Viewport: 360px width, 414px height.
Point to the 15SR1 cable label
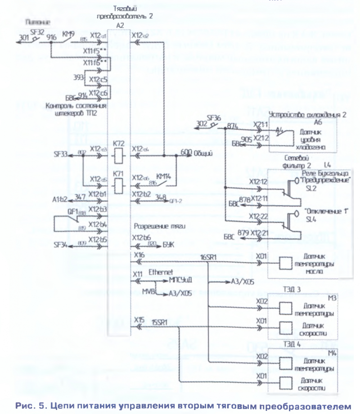160,322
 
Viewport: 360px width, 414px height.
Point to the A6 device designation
318,121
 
